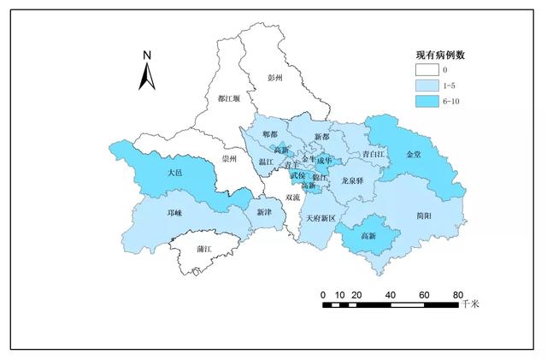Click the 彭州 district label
pyautogui.click(x=275, y=77)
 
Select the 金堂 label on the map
pyautogui.click(x=414, y=154)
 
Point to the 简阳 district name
pyautogui.click(x=421, y=215)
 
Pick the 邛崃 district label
pyautogui.click(x=174, y=212)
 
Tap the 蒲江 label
pyautogui.click(x=203, y=249)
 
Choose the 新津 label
pyautogui.click(x=265, y=211)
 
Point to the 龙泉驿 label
pyautogui.click(x=352, y=180)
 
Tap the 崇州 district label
pyautogui.click(x=230, y=159)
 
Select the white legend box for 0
pyautogui.click(x=431, y=70)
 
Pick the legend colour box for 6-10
pyautogui.click(x=431, y=101)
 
